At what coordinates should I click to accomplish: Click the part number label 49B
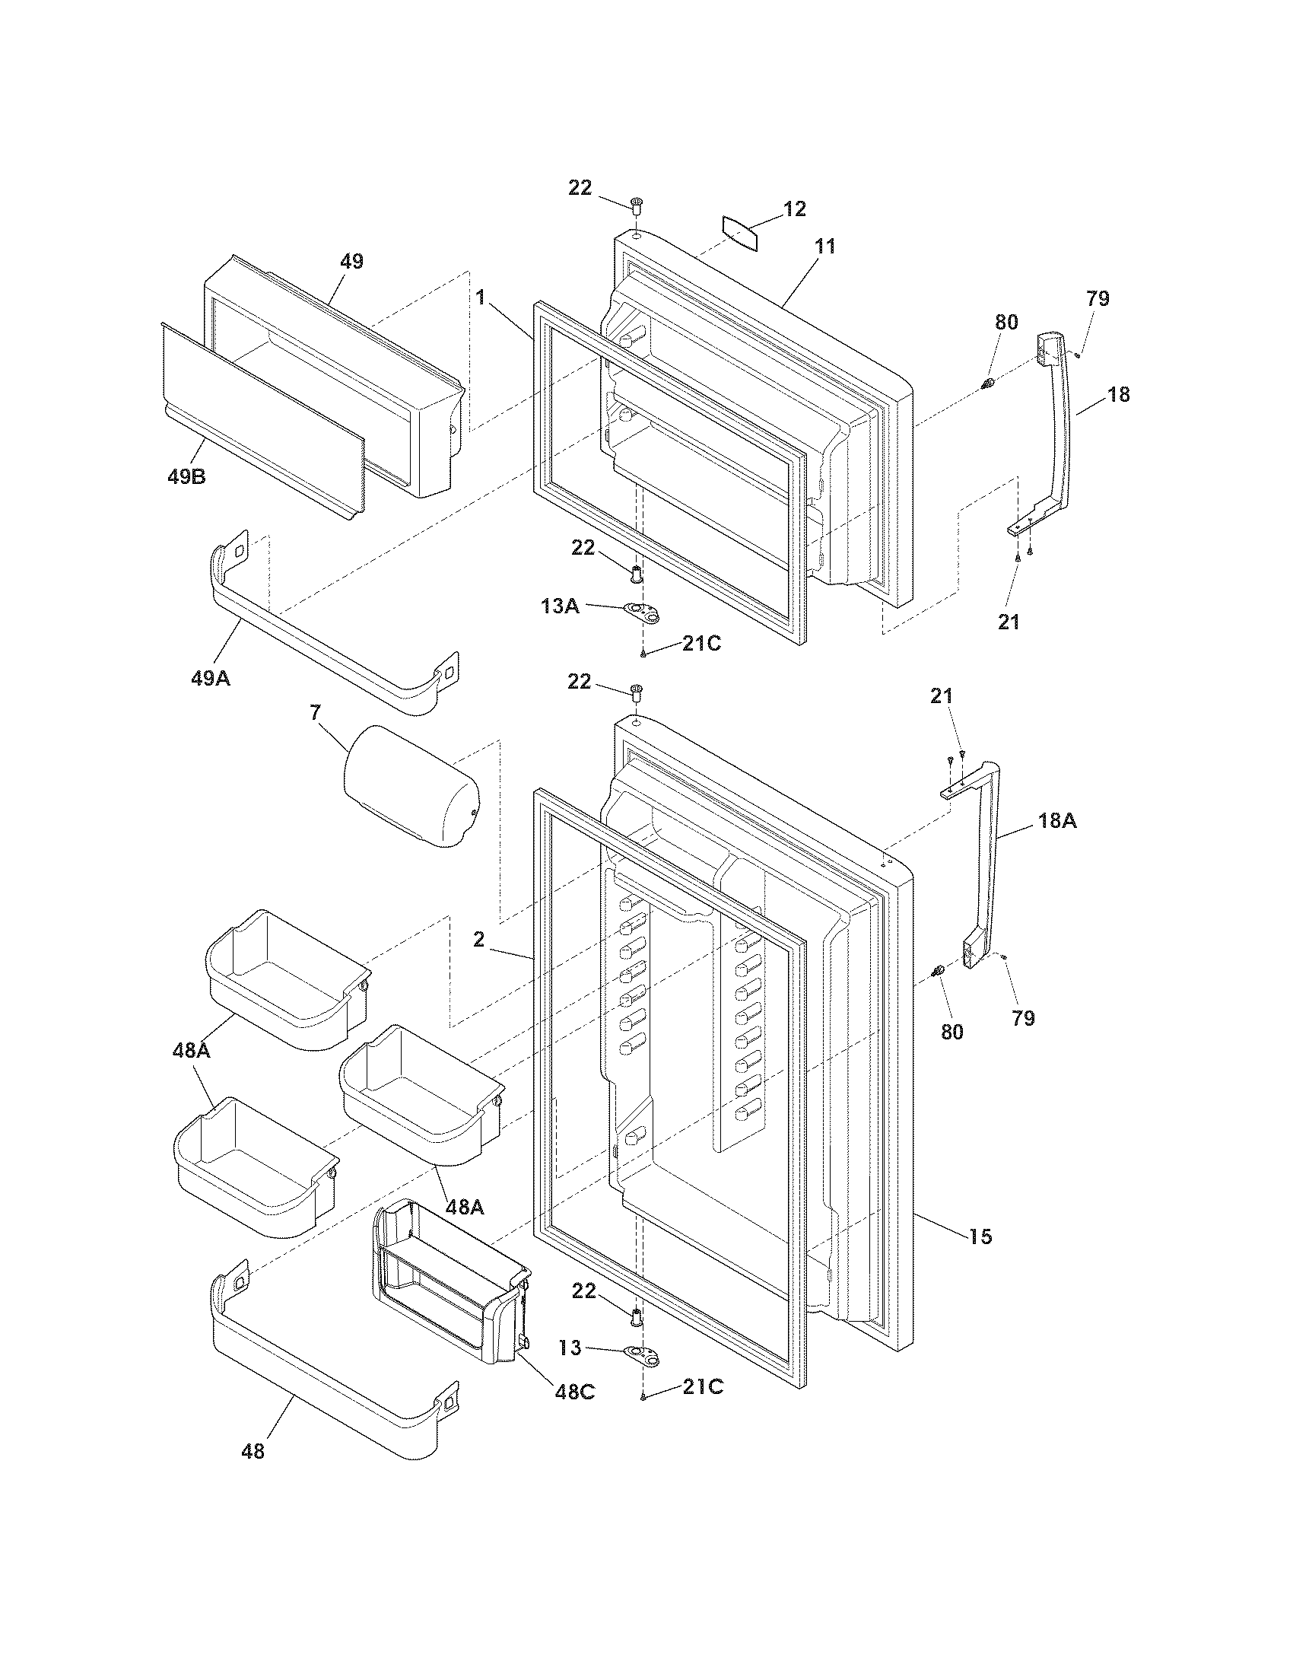(x=186, y=477)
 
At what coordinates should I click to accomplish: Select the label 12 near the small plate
(x=794, y=208)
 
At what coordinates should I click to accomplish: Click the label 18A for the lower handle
(x=1057, y=820)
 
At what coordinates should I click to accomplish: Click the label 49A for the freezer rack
(x=211, y=677)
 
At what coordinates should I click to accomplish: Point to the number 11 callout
(x=825, y=247)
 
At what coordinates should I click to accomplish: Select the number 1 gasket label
(x=480, y=297)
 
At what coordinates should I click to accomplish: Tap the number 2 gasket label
(x=478, y=939)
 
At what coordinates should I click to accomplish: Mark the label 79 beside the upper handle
(x=1098, y=299)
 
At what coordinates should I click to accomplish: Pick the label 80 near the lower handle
(x=951, y=1032)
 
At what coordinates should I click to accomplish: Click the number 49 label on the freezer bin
(x=351, y=260)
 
